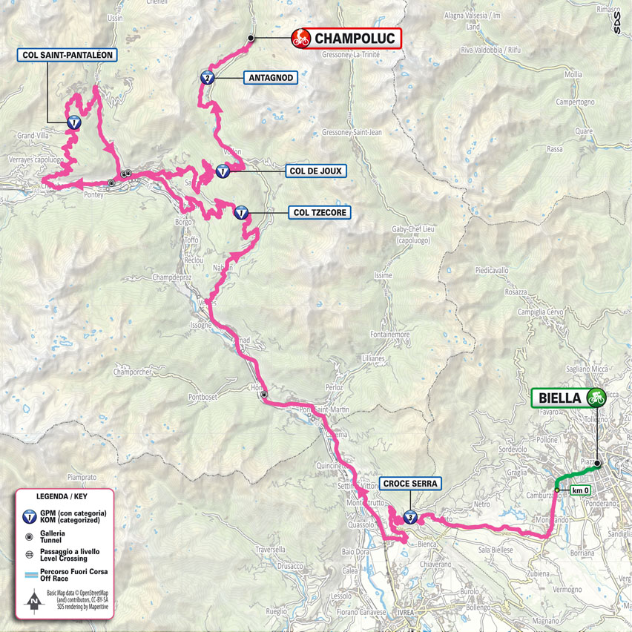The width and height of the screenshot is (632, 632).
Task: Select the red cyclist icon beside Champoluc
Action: (301, 39)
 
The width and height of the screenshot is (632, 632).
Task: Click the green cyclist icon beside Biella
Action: (595, 398)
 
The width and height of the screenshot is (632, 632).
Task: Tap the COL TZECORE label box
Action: (317, 212)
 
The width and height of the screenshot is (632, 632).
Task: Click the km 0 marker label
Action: (580, 490)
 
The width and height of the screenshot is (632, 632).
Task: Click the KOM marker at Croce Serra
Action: (410, 517)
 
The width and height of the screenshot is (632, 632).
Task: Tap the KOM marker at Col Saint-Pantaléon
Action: (73, 124)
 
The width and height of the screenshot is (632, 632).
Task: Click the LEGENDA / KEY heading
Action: (65, 496)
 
